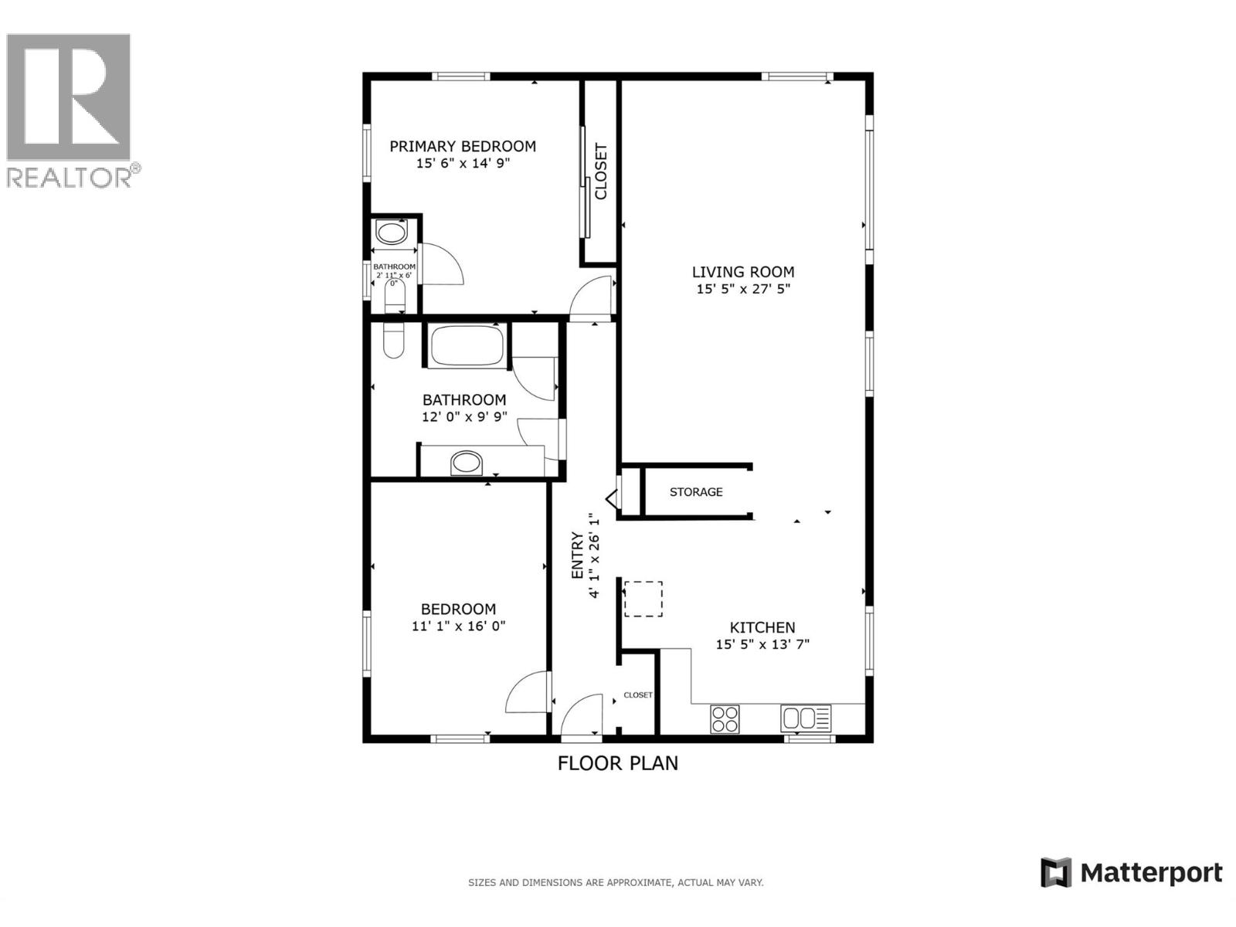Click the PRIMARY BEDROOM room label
pos(462,146)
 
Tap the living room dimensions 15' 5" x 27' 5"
pos(742,289)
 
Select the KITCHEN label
pos(762,627)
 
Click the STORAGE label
pos(696,492)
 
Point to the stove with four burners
pos(725,719)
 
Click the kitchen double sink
pos(806,719)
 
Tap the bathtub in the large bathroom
pos(467,346)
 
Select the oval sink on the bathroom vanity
pos(466,463)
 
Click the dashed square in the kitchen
pos(643,599)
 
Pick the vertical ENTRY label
pos(577,555)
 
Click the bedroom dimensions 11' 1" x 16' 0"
pos(458,626)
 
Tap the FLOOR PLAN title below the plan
pos(617,763)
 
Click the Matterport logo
pos(1131,873)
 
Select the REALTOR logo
pos(71,110)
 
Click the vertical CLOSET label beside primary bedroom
pos(601,171)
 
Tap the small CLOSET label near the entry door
pos(638,695)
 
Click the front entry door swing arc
pos(581,715)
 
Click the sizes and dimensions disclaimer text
pos(615,882)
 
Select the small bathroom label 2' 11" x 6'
pos(394,274)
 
